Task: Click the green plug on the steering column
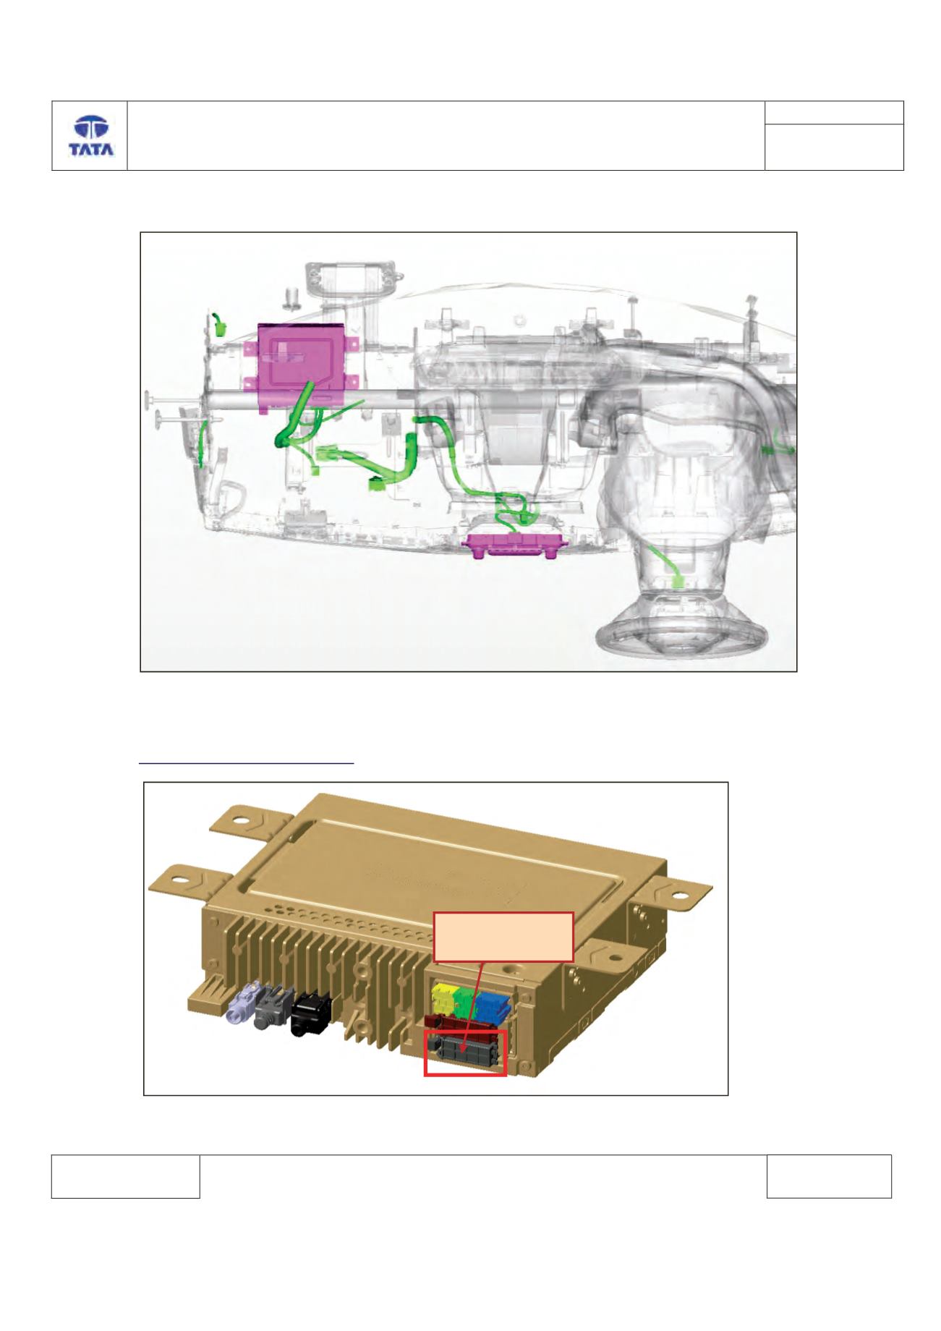(x=679, y=582)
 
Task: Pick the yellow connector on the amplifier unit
(x=442, y=998)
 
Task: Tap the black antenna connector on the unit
(x=311, y=1016)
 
